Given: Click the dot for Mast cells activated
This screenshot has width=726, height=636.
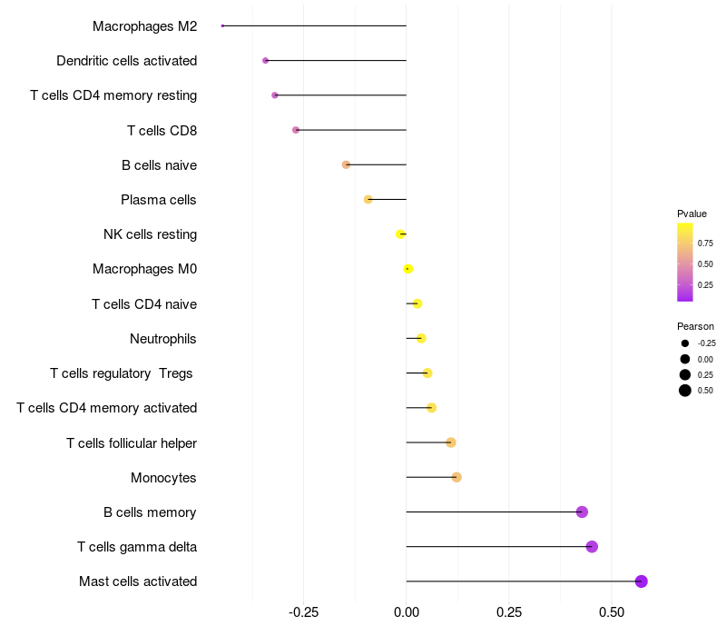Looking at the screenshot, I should [x=642, y=581].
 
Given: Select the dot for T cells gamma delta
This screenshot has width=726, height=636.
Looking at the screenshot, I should [x=592, y=547].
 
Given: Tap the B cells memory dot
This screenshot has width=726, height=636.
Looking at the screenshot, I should [x=582, y=512].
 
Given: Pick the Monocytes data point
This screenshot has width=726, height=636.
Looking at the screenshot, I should [x=456, y=477].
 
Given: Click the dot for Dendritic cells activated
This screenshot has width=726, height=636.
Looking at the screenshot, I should [x=265, y=61].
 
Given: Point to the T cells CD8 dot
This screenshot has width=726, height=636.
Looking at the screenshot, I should [x=296, y=130].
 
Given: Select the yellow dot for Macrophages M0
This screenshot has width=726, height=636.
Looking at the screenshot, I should [x=408, y=269].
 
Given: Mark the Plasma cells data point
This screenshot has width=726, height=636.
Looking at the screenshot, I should [x=368, y=199].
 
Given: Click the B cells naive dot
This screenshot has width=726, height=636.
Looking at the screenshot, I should [x=346, y=164].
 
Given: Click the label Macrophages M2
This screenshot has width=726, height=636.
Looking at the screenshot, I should [x=144, y=26].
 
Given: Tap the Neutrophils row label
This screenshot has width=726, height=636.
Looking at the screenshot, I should [x=163, y=339].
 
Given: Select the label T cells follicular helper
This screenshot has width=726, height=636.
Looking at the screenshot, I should [x=132, y=443].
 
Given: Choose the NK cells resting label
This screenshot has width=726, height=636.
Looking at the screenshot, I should [x=150, y=234].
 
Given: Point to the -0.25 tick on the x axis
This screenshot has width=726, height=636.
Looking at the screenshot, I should [x=303, y=611].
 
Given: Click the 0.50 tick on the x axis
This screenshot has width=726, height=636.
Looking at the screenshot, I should [x=612, y=611].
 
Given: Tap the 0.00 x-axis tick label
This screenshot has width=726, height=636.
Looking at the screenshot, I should [x=407, y=611].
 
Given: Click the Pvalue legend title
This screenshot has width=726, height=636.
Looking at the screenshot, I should [x=692, y=214].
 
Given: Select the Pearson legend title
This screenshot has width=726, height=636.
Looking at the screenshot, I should [x=695, y=326].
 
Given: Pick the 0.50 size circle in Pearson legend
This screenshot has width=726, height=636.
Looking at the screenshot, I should [x=685, y=391].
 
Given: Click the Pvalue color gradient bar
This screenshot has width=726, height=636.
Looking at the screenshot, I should [x=685, y=262].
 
